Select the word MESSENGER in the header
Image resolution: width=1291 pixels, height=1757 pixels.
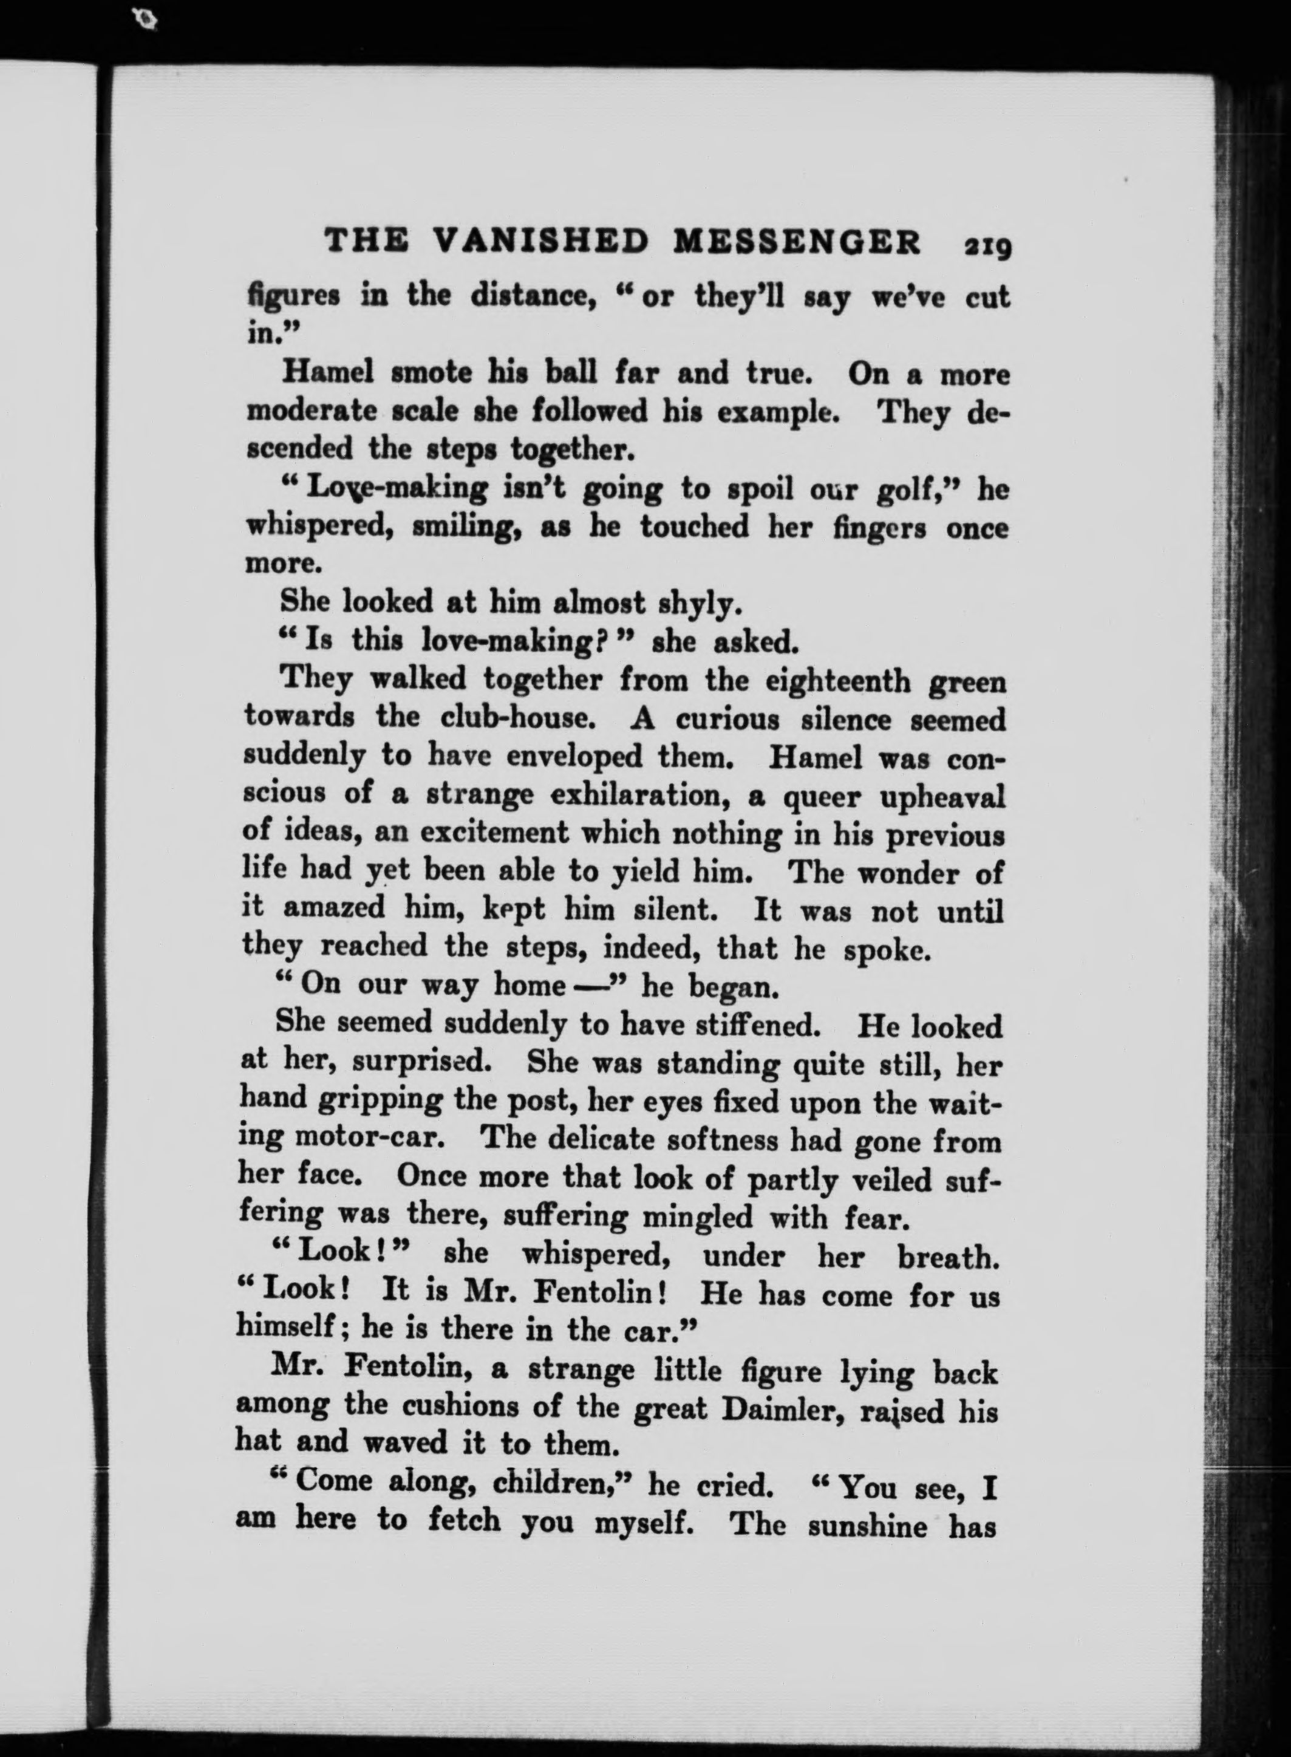pos(797,243)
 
